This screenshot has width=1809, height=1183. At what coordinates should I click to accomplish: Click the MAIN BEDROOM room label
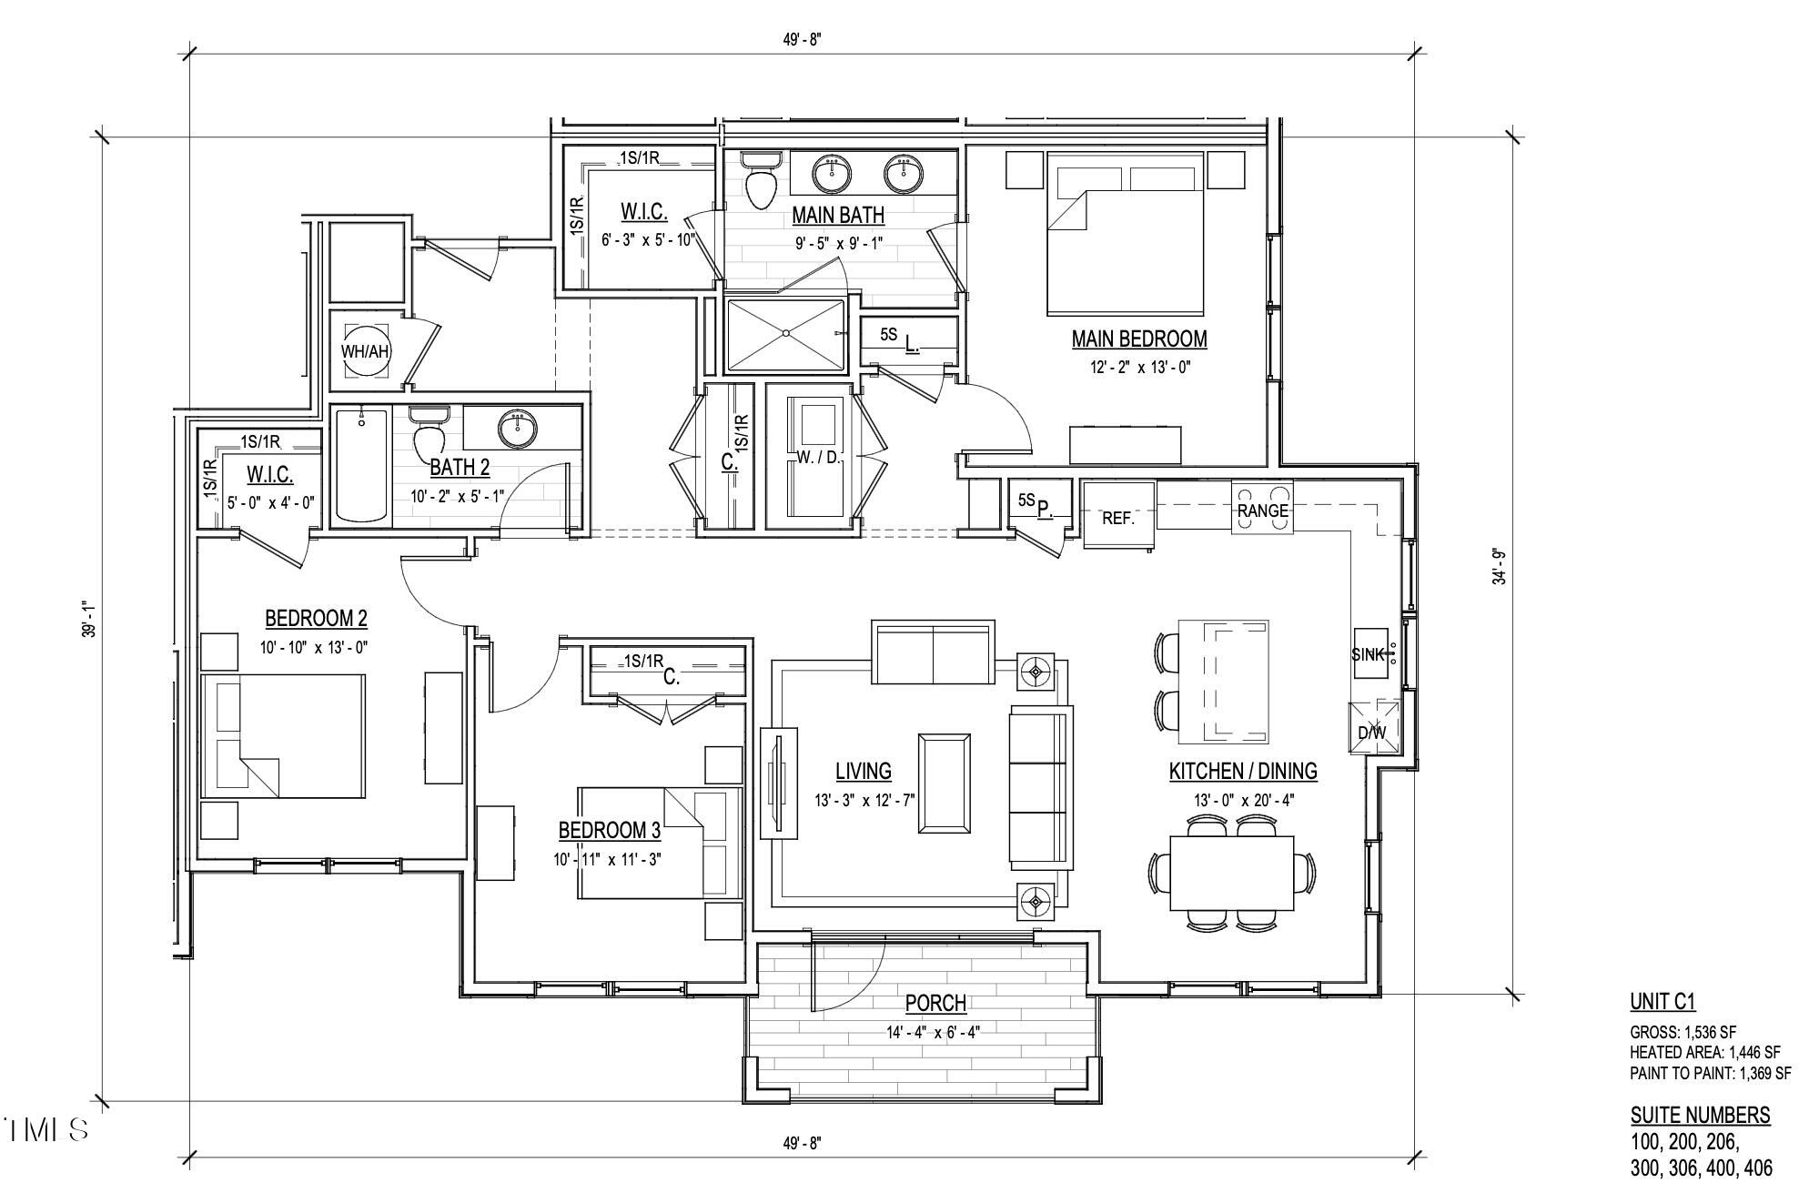1138,339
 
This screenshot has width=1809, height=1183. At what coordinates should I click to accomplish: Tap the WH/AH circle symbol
365,351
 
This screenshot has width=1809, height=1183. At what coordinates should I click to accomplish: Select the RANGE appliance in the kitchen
1262,511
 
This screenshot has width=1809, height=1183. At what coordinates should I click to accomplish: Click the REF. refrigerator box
1118,516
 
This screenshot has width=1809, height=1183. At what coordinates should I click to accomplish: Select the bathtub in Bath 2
361,464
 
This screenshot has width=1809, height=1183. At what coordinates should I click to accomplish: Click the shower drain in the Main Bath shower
786,334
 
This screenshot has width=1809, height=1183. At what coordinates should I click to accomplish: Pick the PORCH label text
935,1004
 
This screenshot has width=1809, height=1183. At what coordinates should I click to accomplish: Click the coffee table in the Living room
944,783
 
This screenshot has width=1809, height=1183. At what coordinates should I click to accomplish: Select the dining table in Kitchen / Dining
1232,873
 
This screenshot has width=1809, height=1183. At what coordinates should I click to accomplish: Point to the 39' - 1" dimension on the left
87,619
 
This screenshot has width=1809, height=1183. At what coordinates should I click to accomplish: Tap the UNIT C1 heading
1662,1002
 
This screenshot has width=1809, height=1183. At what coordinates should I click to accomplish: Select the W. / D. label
818,458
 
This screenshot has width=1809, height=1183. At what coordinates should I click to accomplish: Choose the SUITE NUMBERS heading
1700,1116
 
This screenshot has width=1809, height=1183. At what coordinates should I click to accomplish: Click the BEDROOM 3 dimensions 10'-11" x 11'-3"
607,859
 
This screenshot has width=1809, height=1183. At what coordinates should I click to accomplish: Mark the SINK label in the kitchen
1368,654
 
